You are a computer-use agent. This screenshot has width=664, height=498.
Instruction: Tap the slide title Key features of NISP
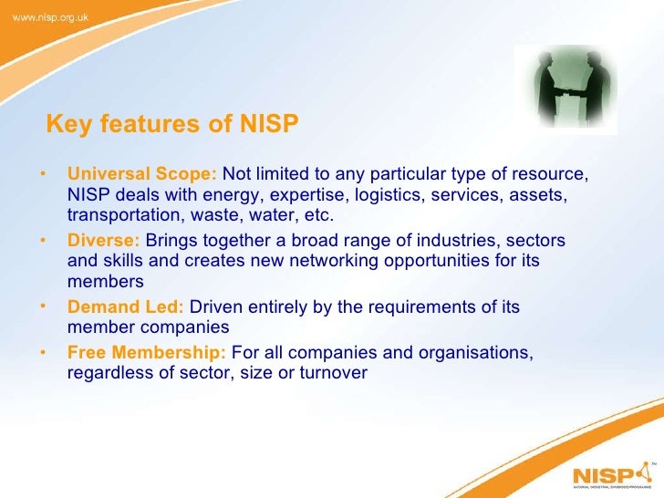pos(172,124)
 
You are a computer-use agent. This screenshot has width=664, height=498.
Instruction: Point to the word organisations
pos(467,352)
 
